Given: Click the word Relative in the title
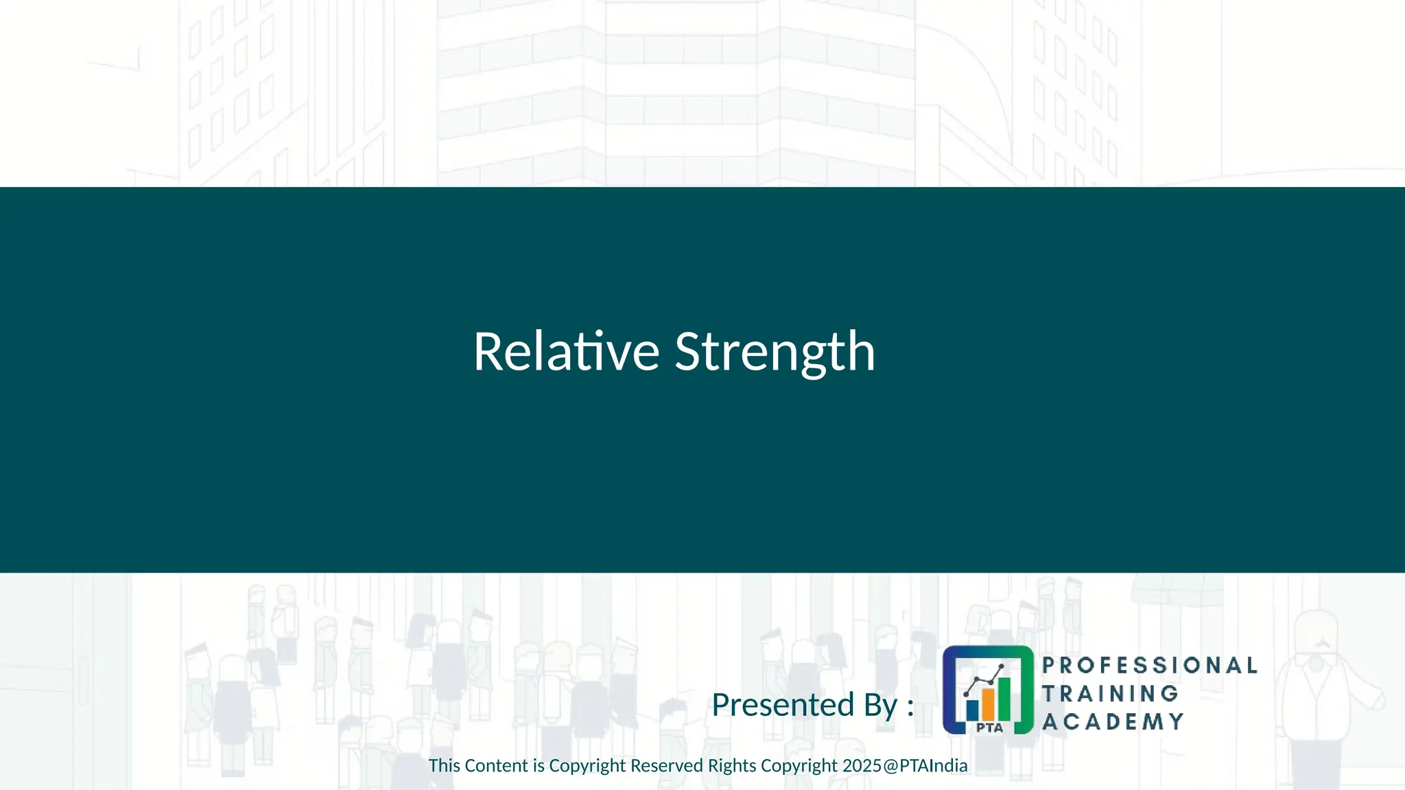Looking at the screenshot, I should [566, 352].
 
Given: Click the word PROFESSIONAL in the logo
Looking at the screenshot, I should [1149, 665].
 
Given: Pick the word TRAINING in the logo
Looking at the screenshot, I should [1110, 693].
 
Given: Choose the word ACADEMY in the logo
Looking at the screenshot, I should [1113, 721].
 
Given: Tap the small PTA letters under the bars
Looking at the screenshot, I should [989, 728].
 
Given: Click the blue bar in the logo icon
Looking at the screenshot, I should [972, 709].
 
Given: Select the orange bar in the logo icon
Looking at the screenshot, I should [988, 703].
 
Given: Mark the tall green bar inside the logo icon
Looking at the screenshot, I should [1004, 697].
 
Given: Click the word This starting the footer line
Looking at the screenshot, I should [444, 766].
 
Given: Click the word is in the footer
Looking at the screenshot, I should [539, 766].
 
